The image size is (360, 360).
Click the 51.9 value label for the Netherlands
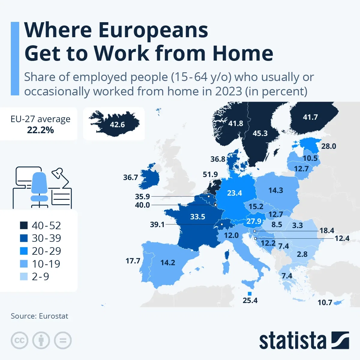[210, 174]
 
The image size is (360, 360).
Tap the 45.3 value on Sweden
[260, 133]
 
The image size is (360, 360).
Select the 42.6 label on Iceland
[117, 124]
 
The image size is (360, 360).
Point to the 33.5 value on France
[198, 217]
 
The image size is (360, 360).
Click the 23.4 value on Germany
[234, 193]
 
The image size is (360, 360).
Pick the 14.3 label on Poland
[276, 190]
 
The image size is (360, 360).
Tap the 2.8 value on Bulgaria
[302, 254]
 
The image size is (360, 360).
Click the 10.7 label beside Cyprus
[325, 302]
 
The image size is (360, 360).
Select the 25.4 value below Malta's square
[250, 300]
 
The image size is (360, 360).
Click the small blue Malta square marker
[250, 294]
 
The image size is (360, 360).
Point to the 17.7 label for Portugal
[133, 261]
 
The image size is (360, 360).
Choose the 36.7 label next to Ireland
[130, 177]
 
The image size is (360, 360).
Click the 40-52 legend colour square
[24, 225]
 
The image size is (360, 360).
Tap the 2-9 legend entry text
[40, 276]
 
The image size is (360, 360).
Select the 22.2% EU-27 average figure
[40, 130]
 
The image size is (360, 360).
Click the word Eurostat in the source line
[54, 316]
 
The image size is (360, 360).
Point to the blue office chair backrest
[39, 183]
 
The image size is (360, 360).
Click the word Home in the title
[243, 53]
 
